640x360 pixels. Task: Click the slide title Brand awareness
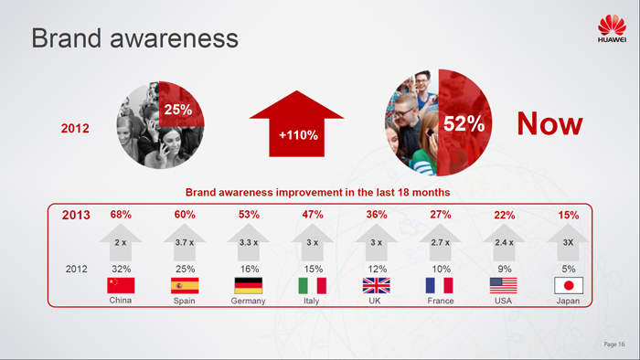click(x=134, y=39)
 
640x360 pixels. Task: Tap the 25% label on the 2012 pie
click(x=176, y=110)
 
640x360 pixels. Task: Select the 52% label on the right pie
click(x=464, y=124)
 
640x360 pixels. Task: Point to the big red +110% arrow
click(x=298, y=129)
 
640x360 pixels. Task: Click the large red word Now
click(x=549, y=123)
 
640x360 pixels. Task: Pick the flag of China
click(x=121, y=285)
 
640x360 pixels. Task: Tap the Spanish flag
click(x=184, y=285)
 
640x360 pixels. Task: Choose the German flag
click(x=248, y=285)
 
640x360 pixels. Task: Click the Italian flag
click(x=313, y=285)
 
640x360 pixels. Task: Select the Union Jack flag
click(x=376, y=285)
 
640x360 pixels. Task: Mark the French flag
click(x=441, y=285)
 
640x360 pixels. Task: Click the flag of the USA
click(x=504, y=285)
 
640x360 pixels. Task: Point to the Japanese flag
click(x=569, y=285)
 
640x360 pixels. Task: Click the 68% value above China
click(x=121, y=215)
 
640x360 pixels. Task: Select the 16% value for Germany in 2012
click(x=248, y=269)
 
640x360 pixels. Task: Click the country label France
click(x=441, y=301)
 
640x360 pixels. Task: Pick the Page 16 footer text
click(x=614, y=344)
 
